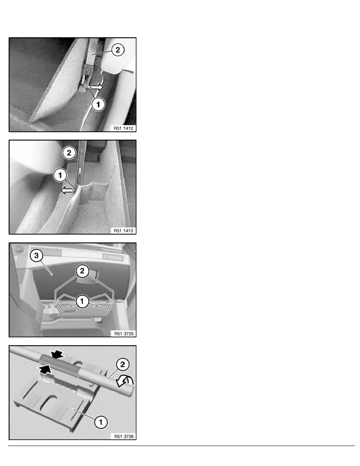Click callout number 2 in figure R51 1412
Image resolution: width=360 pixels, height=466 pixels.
click(x=118, y=50)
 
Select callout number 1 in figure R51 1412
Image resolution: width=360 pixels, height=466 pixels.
click(x=98, y=104)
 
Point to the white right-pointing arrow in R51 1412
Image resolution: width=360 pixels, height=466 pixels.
click(x=97, y=87)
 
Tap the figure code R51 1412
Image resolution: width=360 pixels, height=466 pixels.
click(x=123, y=128)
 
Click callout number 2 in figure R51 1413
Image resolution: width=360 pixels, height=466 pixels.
click(x=69, y=153)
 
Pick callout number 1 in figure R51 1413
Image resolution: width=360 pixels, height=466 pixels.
click(x=60, y=175)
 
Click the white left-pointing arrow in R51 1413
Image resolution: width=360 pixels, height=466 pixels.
click(x=67, y=191)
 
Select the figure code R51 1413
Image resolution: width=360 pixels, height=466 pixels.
click(x=123, y=231)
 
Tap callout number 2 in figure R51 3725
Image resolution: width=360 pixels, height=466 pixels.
click(x=82, y=271)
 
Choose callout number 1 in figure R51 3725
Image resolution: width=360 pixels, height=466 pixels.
click(x=82, y=302)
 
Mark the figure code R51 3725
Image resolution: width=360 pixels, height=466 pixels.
click(x=124, y=334)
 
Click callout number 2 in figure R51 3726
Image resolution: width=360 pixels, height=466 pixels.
click(x=123, y=365)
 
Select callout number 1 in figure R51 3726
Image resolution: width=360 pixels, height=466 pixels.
click(x=100, y=422)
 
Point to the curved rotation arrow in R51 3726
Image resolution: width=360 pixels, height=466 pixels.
click(x=125, y=381)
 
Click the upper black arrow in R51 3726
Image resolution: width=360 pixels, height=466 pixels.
click(x=57, y=354)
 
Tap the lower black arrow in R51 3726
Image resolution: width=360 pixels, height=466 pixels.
click(x=45, y=370)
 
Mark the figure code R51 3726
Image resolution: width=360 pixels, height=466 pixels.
click(x=124, y=436)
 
